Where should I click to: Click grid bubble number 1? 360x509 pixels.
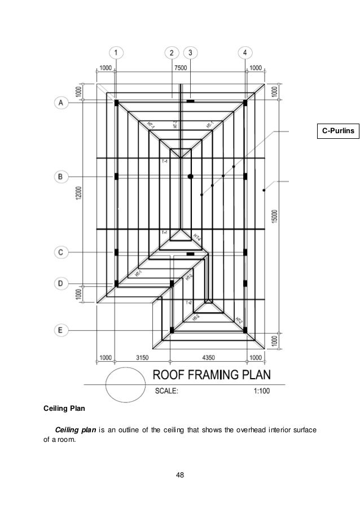click(116, 53)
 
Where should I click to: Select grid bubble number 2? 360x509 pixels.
click(172, 53)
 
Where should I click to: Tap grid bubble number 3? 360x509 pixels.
click(190, 53)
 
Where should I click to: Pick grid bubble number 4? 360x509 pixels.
click(245, 53)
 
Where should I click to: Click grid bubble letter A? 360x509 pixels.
click(61, 102)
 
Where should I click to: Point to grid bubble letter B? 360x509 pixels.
click(61, 177)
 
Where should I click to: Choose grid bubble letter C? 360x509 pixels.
click(61, 252)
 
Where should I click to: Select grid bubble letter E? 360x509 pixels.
click(61, 328)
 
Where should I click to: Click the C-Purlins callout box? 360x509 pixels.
click(337, 131)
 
